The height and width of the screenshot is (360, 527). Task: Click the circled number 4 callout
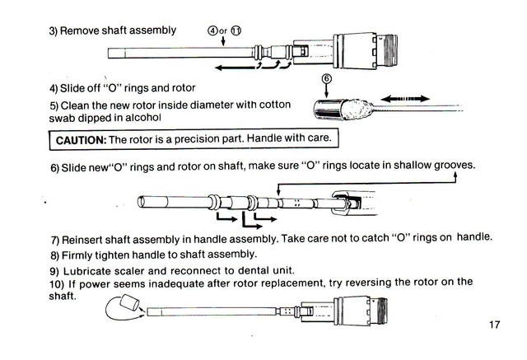pyautogui.click(x=212, y=31)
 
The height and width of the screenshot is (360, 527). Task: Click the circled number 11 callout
pyautogui.click(x=236, y=30)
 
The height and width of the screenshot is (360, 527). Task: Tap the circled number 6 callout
pyautogui.click(x=327, y=78)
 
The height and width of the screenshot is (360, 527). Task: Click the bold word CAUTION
pyautogui.click(x=81, y=140)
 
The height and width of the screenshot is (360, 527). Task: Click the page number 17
pyautogui.click(x=494, y=325)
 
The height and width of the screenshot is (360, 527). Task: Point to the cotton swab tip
pyautogui.click(x=357, y=109)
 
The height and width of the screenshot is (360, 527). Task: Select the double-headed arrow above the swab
pyautogui.click(x=405, y=99)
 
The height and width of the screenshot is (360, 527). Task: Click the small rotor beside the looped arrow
pyautogui.click(x=129, y=302)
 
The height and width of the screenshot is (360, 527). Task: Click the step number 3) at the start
pyautogui.click(x=53, y=31)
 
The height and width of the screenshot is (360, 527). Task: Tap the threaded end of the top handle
pyautogui.click(x=389, y=51)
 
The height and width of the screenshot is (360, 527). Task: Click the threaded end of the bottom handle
pyautogui.click(x=380, y=311)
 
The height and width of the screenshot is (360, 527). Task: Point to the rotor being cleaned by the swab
pyautogui.click(x=329, y=109)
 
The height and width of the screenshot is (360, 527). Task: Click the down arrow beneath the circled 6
pyautogui.click(x=326, y=91)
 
